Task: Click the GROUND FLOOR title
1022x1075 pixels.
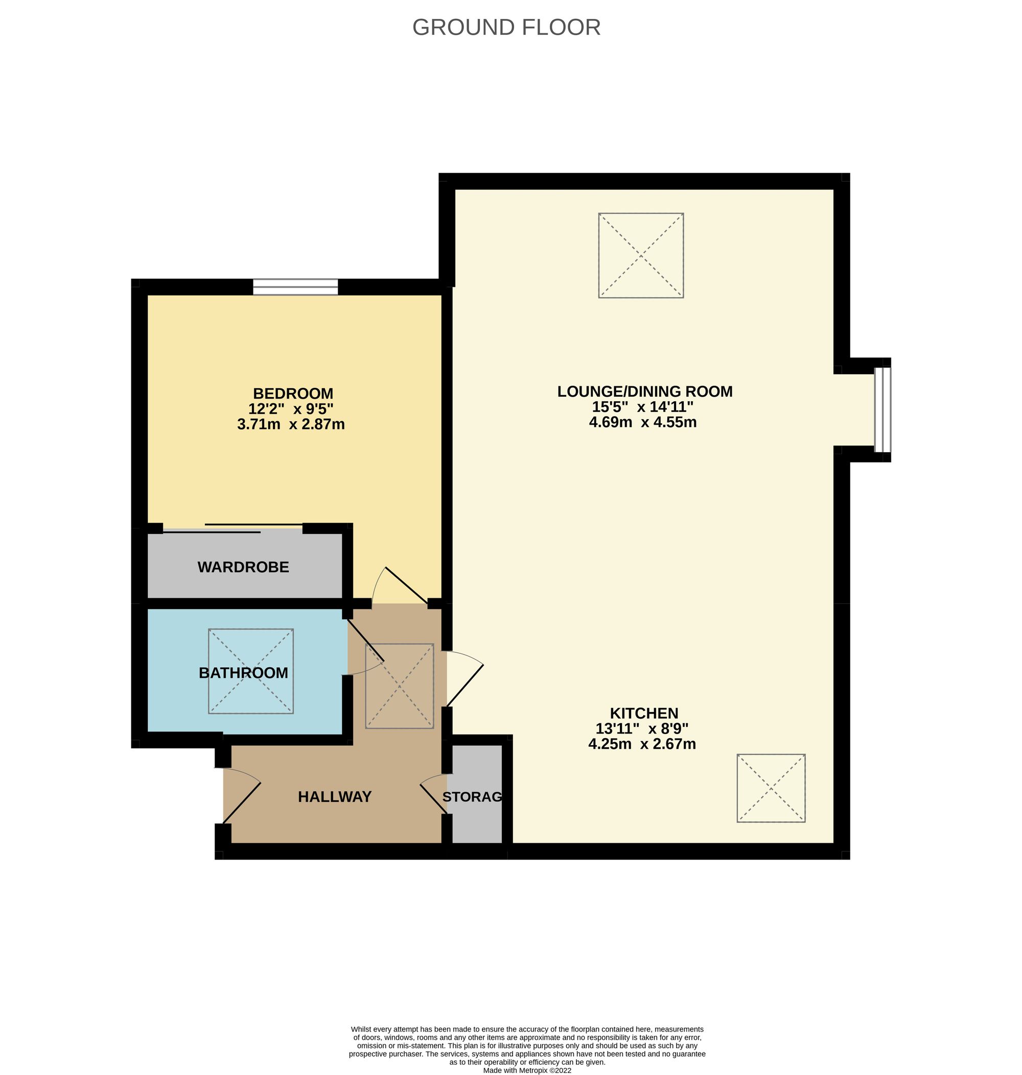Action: (506, 27)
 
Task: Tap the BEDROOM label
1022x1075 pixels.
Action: (293, 393)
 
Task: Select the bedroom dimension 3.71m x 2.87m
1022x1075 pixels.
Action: (291, 424)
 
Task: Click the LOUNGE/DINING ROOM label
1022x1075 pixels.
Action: (644, 392)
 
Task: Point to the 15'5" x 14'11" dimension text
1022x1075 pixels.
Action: (642, 407)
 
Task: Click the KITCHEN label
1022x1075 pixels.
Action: (643, 713)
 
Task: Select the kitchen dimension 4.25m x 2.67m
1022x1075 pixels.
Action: (642, 744)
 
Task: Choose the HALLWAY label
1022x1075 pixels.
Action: (335, 797)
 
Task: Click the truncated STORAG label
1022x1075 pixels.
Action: (472, 797)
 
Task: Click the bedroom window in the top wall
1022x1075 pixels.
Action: (295, 287)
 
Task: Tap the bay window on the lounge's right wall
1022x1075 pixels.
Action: (882, 410)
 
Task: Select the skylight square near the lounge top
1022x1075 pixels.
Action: (641, 255)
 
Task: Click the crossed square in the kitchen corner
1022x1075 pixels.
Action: (771, 788)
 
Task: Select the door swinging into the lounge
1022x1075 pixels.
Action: (464, 685)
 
